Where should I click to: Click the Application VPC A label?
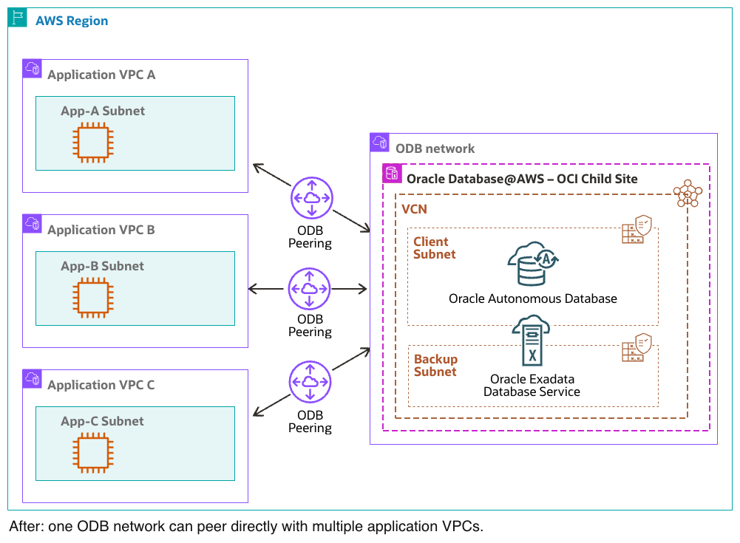101,75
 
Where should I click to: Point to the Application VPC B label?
101,230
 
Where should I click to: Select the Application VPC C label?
101,385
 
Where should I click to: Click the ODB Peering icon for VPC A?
311,197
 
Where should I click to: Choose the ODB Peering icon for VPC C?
310,382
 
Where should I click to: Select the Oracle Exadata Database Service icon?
532,341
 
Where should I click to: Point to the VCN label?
414,210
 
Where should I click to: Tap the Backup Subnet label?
435,366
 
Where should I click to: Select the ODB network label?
435,148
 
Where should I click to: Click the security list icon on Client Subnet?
637,230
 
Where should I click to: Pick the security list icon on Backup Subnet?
637,346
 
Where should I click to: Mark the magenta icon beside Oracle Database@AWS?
392,174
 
